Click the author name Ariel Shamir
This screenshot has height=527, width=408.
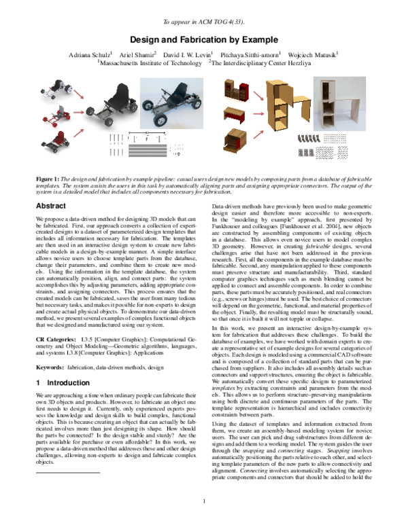140,54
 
